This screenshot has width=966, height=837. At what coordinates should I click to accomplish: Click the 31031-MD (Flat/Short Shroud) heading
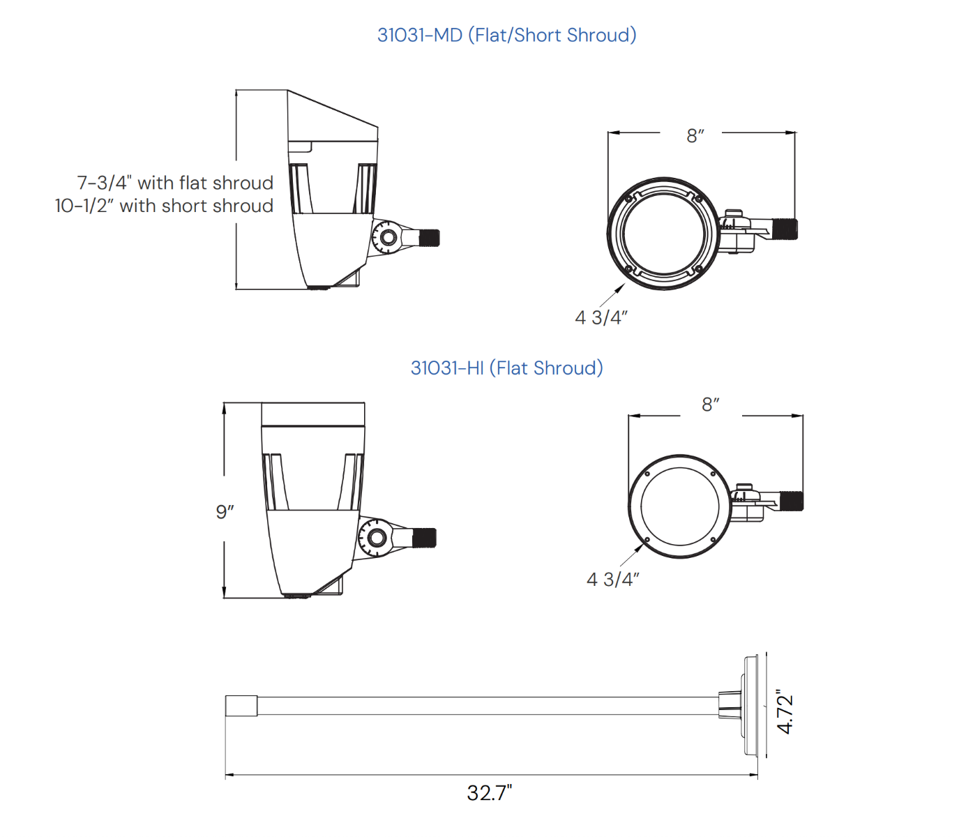506,35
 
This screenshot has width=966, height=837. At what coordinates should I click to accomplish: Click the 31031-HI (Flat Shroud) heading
506,368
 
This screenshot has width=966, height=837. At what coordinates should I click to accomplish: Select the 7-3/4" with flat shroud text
175,183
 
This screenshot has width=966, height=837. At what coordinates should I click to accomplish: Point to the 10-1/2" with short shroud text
164,206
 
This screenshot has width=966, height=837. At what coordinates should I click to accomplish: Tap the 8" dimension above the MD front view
695,136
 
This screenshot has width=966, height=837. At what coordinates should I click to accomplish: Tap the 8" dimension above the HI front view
710,405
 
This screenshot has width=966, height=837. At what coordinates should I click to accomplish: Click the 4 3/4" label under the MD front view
601,318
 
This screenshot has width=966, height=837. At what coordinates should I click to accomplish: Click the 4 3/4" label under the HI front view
612,580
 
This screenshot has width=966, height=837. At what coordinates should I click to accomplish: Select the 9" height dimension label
225,512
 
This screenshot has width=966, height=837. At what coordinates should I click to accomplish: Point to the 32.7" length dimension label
490,793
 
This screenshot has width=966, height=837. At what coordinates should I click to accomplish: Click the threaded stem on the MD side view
429,238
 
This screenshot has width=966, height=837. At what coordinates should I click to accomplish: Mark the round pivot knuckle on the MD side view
386,237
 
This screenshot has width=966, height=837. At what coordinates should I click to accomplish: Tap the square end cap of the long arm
241,706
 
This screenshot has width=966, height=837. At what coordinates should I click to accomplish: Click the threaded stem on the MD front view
785,229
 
